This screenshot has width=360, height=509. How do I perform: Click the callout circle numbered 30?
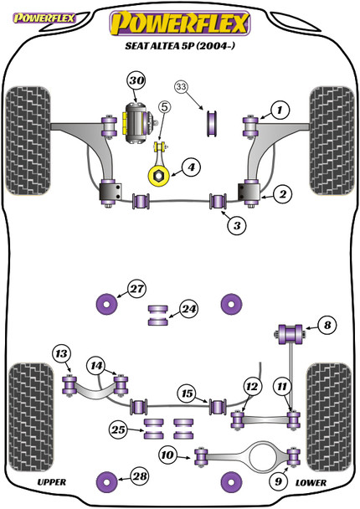(x=136, y=81)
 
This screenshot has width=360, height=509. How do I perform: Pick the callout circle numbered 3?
(x=238, y=225)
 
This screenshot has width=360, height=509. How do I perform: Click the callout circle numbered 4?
(x=192, y=168)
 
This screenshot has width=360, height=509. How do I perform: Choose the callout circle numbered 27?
(x=136, y=290)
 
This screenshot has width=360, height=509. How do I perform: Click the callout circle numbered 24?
(x=189, y=310)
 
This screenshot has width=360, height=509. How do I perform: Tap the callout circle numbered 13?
(x=60, y=353)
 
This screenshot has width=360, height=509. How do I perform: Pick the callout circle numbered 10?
(x=168, y=455)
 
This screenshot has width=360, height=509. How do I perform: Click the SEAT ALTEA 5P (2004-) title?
(x=179, y=49)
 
